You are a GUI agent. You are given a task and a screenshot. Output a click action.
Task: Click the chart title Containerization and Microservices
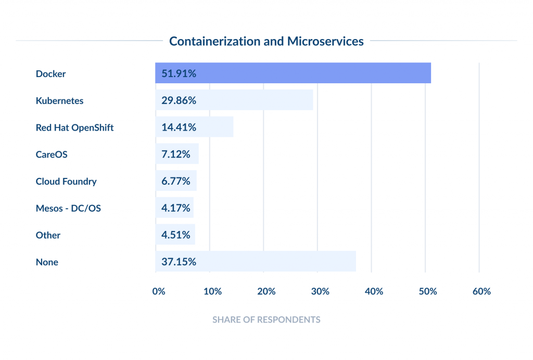click(266, 41)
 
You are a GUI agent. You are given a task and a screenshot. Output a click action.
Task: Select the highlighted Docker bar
click(312, 73)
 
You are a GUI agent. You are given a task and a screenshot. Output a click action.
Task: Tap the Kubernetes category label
click(59, 100)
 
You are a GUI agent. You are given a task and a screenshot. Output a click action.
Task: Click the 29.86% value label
click(179, 100)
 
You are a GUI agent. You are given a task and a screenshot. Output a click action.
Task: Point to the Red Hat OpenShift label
click(74, 127)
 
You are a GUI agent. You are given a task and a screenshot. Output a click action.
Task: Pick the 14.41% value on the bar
click(179, 127)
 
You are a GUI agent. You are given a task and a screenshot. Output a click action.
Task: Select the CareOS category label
click(52, 155)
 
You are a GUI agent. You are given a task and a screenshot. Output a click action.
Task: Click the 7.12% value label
click(176, 155)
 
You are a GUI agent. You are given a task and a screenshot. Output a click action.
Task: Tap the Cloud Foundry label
click(66, 182)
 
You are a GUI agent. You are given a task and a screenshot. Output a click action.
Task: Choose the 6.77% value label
click(176, 182)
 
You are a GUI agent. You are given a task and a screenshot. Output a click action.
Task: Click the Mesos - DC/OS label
click(68, 209)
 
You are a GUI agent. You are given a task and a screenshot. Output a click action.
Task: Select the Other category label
click(48, 235)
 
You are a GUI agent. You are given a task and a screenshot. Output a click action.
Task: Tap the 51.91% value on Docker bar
click(179, 73)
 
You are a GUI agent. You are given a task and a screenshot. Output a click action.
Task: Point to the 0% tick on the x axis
click(159, 291)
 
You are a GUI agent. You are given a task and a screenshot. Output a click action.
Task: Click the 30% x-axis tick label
click(320, 291)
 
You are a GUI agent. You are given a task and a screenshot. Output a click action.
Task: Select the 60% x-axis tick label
click(481, 291)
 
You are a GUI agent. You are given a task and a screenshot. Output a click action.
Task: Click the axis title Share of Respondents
click(266, 319)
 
